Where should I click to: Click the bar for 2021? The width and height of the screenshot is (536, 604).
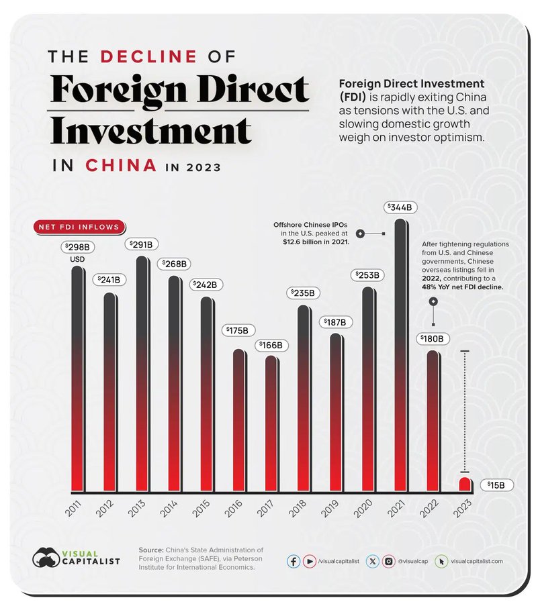pos(400,356)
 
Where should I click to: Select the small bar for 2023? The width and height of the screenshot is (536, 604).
pos(464,483)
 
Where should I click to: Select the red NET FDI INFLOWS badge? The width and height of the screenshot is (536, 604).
pos(77,227)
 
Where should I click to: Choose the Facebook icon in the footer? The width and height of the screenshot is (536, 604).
pos(294,561)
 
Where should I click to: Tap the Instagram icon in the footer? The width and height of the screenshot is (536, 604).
pos(388,561)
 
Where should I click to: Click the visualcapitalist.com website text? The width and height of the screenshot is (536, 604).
pos(476,561)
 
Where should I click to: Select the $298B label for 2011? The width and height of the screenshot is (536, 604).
pos(77,247)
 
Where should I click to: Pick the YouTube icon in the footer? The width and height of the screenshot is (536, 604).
pos(310,561)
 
